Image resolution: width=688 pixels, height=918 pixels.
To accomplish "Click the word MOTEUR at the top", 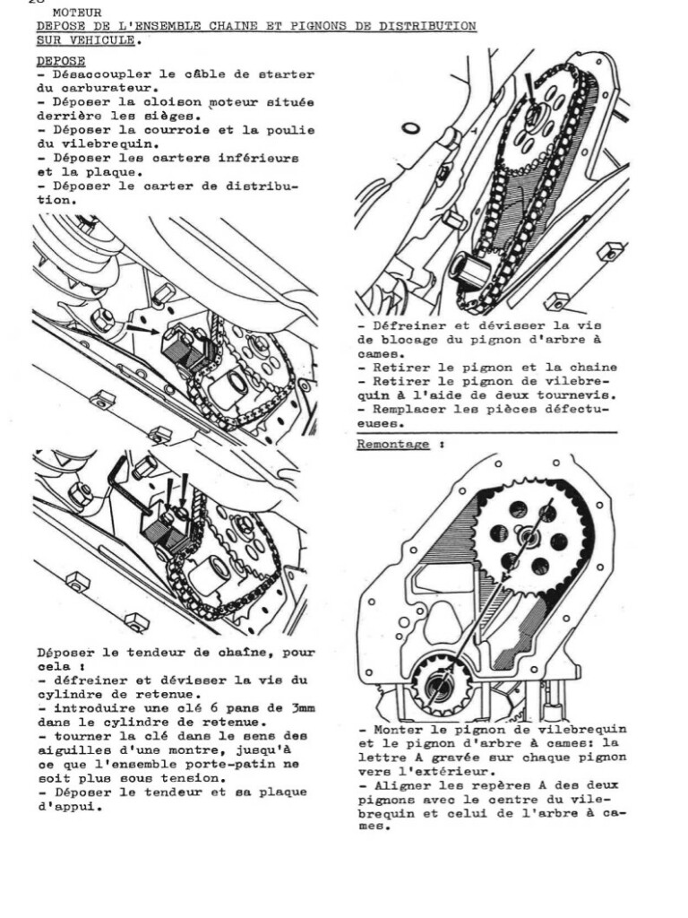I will pyautogui.click(x=77, y=13).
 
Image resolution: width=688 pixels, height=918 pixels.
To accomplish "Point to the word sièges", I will pyautogui.click(x=171, y=116).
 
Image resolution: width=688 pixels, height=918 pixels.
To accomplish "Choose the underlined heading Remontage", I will pyautogui.click(x=392, y=444).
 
